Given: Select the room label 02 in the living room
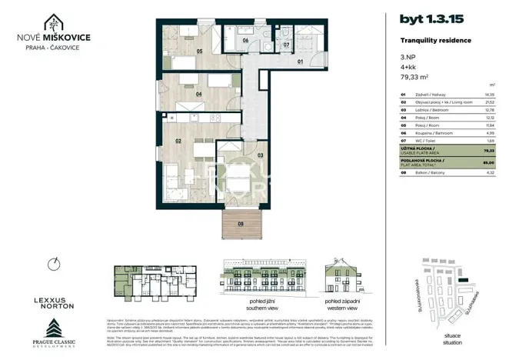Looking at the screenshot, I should (178, 142).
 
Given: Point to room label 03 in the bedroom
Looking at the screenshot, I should (259, 155).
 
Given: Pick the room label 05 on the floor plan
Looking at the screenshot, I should (198, 52).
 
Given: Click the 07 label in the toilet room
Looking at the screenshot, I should (286, 45).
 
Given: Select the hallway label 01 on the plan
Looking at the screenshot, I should (301, 61).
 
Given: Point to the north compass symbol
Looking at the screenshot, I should (52, 264).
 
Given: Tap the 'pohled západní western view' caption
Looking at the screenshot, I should (343, 304).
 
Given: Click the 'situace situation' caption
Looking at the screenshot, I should (452, 338).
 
